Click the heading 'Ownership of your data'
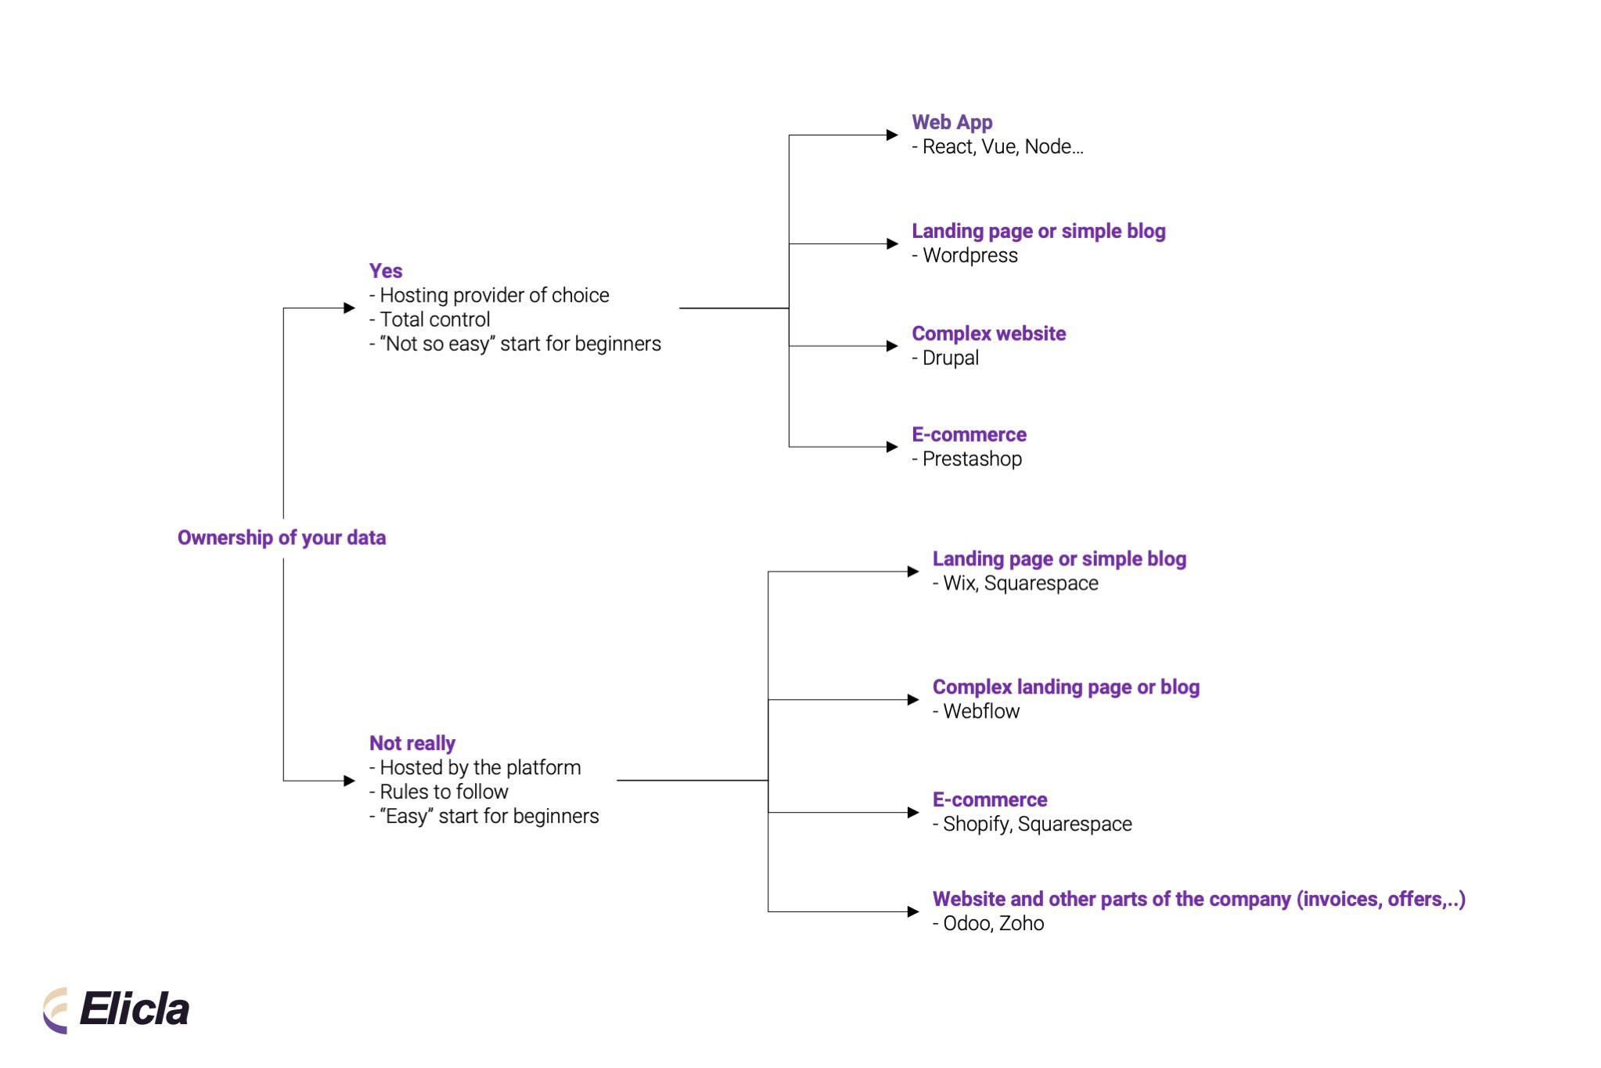tap(282, 538)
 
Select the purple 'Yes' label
tap(386, 271)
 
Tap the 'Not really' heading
tap(412, 743)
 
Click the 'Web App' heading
tap(952, 122)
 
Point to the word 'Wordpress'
tap(970, 256)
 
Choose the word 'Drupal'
tap(951, 359)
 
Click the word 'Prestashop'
tap(972, 460)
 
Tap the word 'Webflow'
tap(981, 712)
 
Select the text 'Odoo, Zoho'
tap(993, 924)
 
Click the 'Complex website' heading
tap(988, 334)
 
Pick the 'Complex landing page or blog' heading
tap(1066, 687)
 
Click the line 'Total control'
tap(435, 319)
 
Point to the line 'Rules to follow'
tap(444, 792)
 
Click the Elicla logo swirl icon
tap(56, 1010)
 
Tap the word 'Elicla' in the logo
tap(135, 1009)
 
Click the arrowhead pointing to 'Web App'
tap(892, 135)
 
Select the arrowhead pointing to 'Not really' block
tap(350, 781)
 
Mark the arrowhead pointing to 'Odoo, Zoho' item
tap(912, 911)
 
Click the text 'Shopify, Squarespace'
tap(1037, 824)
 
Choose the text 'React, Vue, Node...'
tap(1002, 147)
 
